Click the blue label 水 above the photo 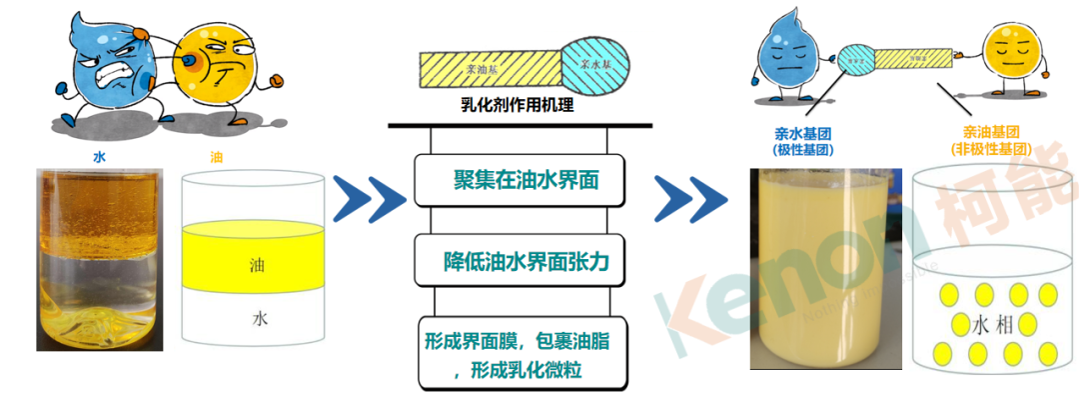pos(99,157)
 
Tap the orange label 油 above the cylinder pos(217,157)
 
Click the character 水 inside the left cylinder pos(260,319)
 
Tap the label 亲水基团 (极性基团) pos(803,140)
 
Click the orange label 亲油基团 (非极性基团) pos(990,140)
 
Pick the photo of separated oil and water pos(99,260)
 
